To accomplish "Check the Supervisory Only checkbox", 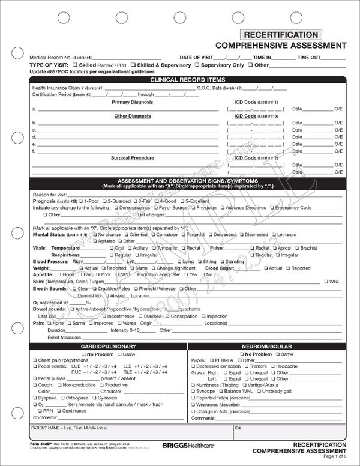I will click(197, 65).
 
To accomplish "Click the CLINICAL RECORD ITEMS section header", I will click(188, 79).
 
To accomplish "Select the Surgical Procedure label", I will click(132, 158).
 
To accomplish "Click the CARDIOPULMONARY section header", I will click(110, 346).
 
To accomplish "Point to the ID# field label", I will click(238, 429).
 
